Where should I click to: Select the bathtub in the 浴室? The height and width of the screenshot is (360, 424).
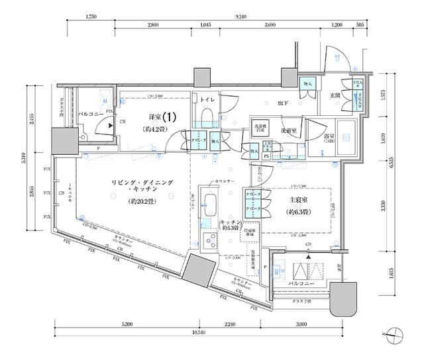(x=347, y=138)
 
